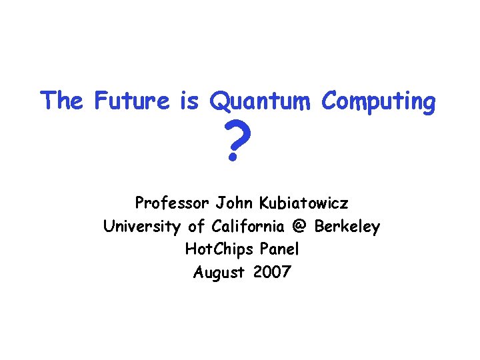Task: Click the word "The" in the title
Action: tap(61, 101)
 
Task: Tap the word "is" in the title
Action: tap(189, 101)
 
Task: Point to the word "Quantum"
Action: tap(261, 102)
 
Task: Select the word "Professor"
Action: tap(172, 203)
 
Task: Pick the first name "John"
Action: tap(232, 203)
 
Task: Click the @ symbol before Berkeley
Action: tap(299, 227)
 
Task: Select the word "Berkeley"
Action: tap(347, 227)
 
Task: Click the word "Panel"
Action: tap(280, 250)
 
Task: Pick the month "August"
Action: tap(218, 273)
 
